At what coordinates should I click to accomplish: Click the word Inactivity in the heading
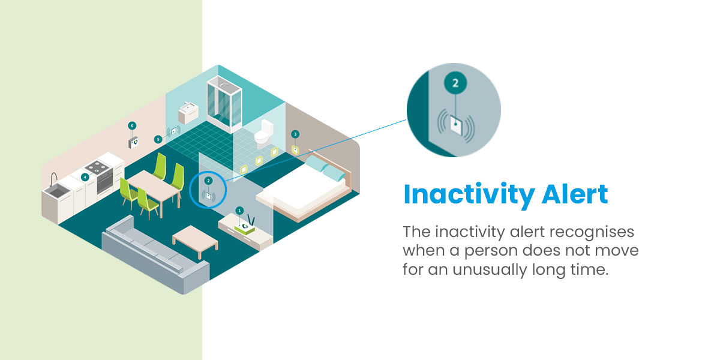click(x=469, y=195)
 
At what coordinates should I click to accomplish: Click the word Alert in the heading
click(x=575, y=194)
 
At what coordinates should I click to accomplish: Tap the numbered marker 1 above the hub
click(x=239, y=211)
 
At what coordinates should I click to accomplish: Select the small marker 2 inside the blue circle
click(x=208, y=181)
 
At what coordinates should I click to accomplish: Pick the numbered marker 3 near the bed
click(x=295, y=134)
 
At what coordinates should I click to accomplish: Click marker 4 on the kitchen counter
click(x=85, y=177)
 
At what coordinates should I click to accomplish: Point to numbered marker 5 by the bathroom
click(x=158, y=139)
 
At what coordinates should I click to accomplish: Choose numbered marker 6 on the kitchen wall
click(x=132, y=125)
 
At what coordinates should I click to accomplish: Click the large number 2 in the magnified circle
click(x=455, y=83)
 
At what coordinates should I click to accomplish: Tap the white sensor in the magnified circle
click(x=456, y=125)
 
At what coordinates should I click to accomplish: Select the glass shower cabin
click(x=224, y=104)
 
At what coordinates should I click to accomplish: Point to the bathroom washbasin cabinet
click(x=188, y=113)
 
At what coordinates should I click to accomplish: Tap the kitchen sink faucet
click(x=53, y=179)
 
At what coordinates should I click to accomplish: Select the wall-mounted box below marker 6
click(x=133, y=143)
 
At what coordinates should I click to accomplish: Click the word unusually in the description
click(x=490, y=270)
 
